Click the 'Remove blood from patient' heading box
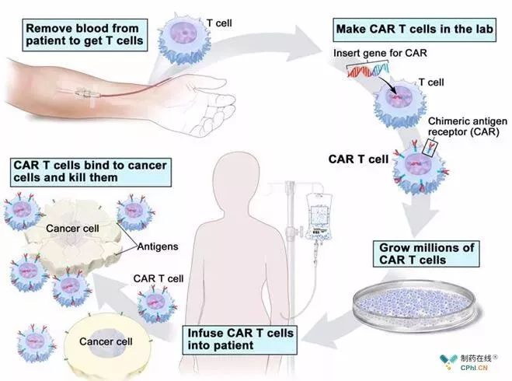click(85, 35)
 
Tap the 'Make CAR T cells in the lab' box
click(414, 30)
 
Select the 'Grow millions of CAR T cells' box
click(426, 254)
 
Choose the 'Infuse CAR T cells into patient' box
click(239, 340)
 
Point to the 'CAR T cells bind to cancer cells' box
click(91, 172)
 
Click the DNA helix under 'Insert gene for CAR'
click(368, 69)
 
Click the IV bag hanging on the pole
click(319, 215)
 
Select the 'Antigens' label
click(158, 246)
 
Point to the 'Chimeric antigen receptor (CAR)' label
click(467, 127)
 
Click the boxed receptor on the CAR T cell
click(430, 147)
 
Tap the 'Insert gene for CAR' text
click(380, 53)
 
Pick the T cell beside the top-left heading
click(184, 38)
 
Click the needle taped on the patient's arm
click(83, 94)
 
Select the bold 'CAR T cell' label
click(358, 159)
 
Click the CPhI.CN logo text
click(474, 368)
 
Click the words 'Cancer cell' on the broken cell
click(72, 229)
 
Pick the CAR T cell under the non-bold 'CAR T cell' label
click(156, 303)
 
